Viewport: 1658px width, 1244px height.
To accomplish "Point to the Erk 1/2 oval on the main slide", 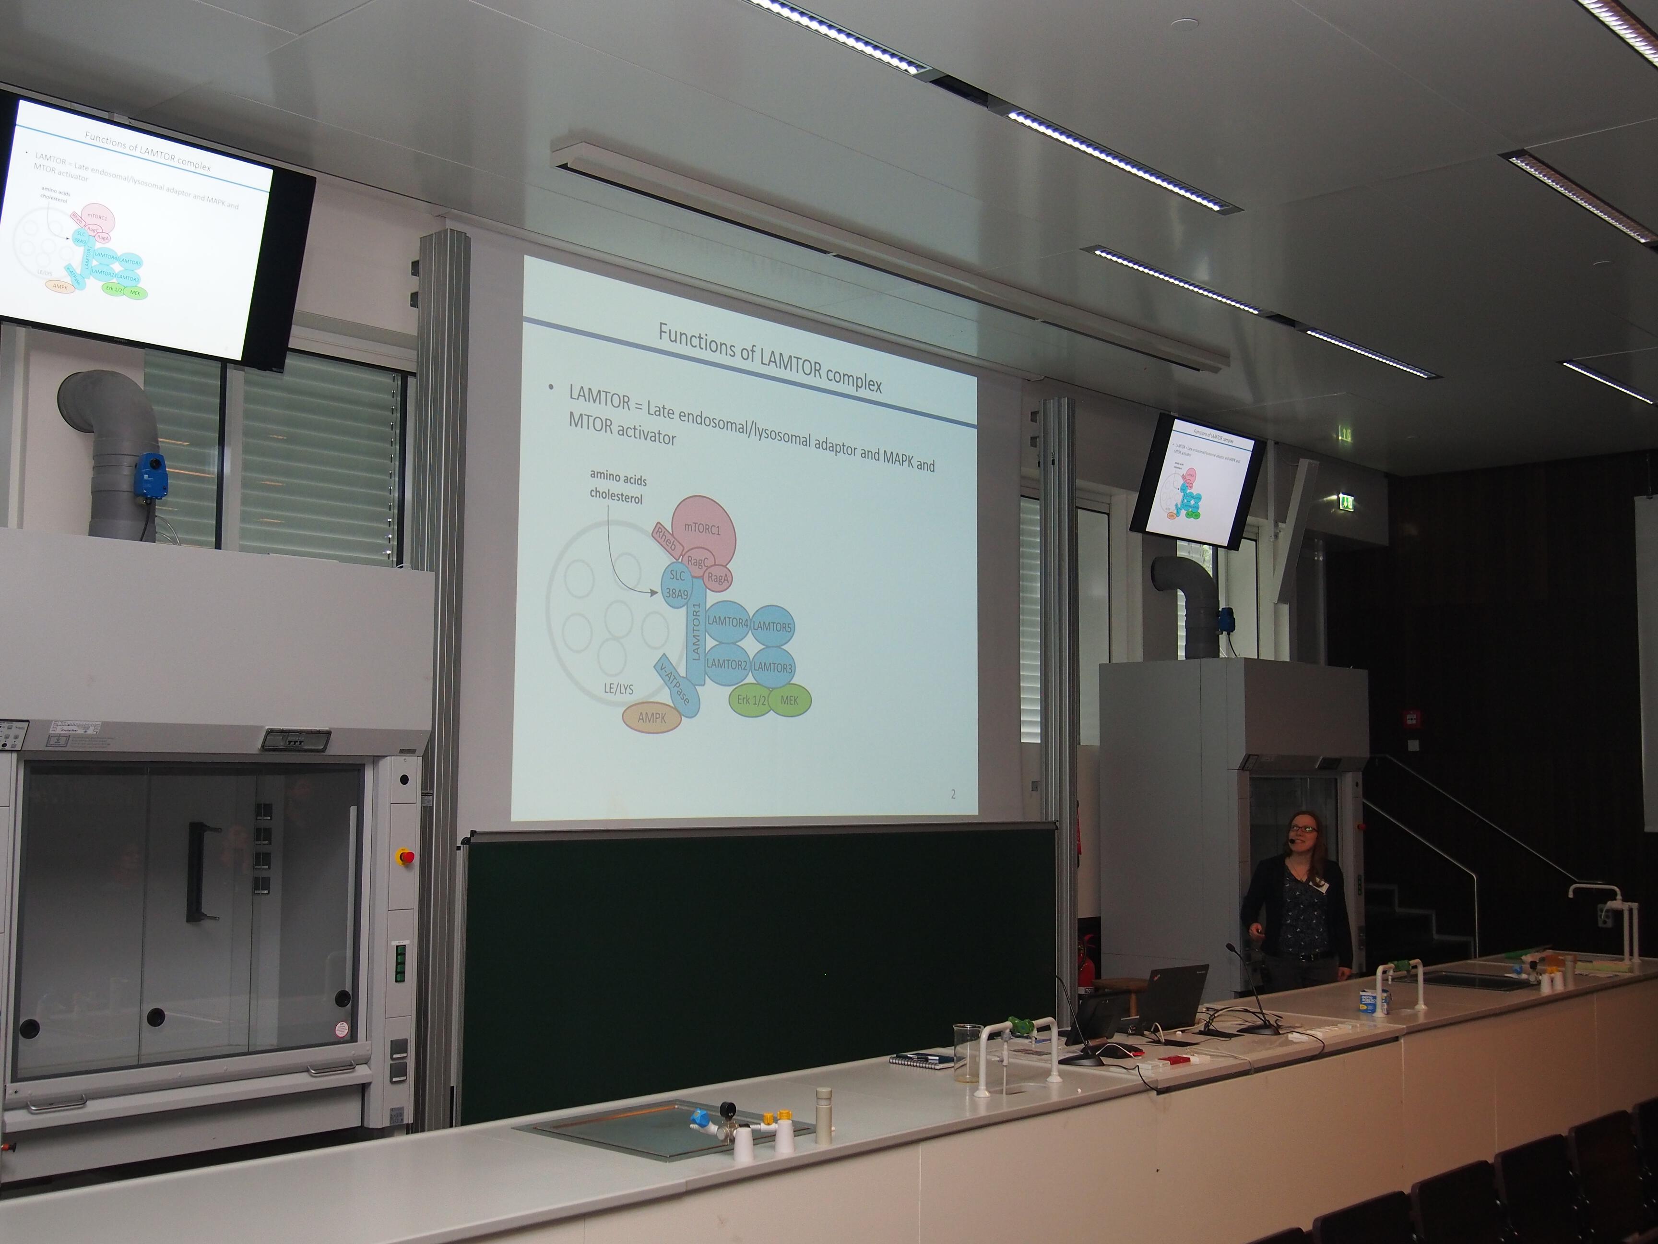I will pos(749,700).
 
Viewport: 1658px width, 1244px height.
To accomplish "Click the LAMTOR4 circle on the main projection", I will pos(728,622).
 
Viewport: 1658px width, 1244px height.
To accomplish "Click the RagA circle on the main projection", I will pos(717,578).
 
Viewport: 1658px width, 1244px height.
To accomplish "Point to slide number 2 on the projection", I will pos(953,794).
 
